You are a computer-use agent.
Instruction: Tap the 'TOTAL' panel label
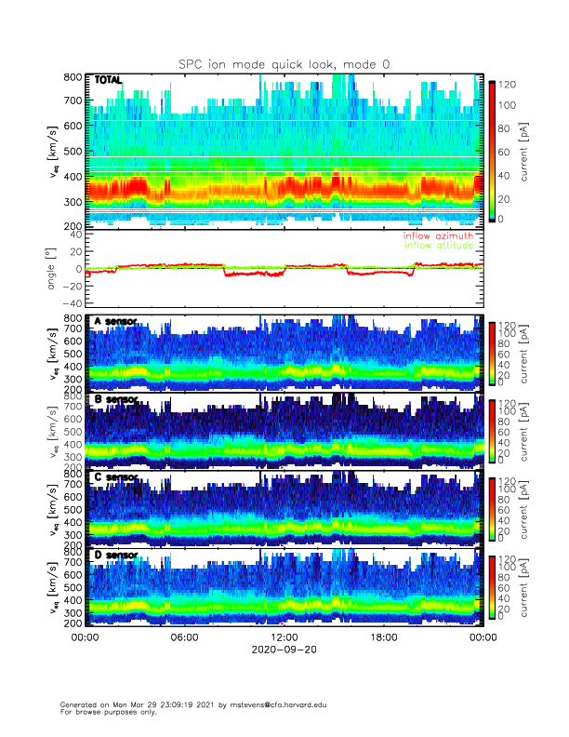coord(109,80)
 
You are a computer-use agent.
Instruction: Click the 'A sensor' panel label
coord(115,322)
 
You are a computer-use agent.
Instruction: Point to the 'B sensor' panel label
coord(115,400)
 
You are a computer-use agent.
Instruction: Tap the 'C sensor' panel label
coord(115,477)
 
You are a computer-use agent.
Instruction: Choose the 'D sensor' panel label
coord(115,556)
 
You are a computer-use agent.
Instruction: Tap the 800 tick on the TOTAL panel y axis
coord(71,77)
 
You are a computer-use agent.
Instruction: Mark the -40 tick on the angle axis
coord(69,303)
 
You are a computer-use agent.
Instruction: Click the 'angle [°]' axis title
coord(54,269)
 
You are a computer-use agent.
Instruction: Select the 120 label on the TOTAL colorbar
coord(509,85)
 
